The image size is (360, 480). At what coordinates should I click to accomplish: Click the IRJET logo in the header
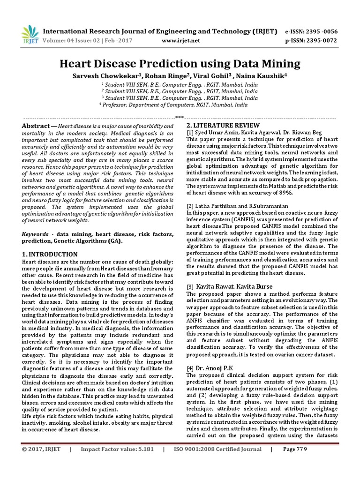click(30, 34)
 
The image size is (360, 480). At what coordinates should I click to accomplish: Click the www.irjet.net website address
click(180, 41)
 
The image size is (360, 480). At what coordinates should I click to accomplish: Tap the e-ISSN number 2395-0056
click(311, 31)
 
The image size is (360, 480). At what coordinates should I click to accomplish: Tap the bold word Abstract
click(36, 127)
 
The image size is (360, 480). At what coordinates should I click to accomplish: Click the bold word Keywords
click(36, 233)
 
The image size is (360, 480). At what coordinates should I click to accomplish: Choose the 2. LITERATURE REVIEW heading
click(223, 126)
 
